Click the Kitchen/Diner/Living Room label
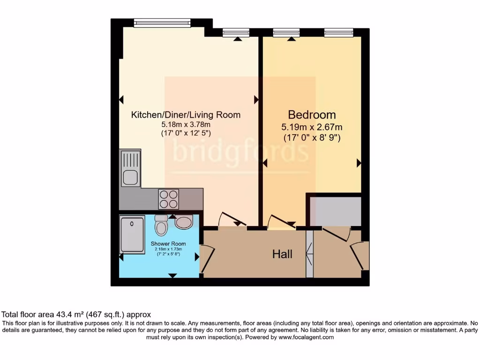pos(185,115)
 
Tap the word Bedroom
pos(312,114)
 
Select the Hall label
pos(282,254)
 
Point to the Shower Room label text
pos(168,244)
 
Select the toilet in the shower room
pos(161,226)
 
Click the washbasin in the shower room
pos(183,222)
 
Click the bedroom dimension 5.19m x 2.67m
pos(312,127)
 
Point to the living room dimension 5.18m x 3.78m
pos(185,125)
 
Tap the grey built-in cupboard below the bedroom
pos(334,211)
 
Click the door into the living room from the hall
pos(232,220)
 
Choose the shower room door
pos(207,258)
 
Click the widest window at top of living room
pos(162,22)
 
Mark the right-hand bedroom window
pos(338,32)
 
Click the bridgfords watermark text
pos(240,151)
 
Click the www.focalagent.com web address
pos(306,337)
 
